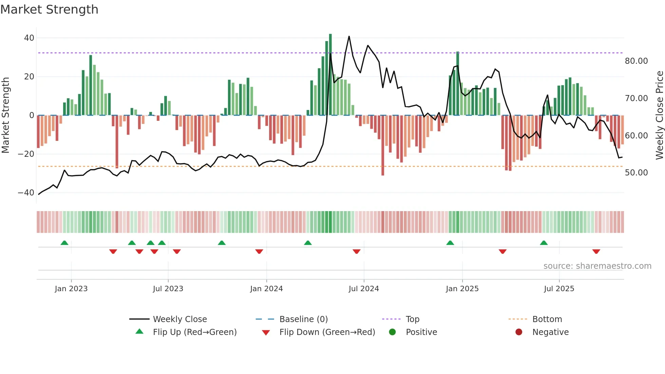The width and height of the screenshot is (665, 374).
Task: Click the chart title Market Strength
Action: coord(49,10)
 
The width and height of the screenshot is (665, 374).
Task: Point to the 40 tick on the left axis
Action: coord(29,38)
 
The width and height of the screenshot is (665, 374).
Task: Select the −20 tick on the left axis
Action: coord(26,154)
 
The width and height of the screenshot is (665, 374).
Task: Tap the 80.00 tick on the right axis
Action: coord(636,61)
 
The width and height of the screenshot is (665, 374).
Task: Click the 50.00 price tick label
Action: coord(636,173)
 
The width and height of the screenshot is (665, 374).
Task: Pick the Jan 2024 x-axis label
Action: coord(266,289)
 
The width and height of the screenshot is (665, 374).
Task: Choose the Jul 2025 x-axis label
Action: coord(559,289)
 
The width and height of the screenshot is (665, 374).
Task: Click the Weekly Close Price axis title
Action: coord(659,115)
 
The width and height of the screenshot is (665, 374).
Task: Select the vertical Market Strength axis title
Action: coord(5,115)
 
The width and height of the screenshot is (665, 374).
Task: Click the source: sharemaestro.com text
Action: coord(597,266)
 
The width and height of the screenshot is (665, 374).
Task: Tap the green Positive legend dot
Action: coord(392,332)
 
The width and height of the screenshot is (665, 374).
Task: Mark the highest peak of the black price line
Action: coord(349,36)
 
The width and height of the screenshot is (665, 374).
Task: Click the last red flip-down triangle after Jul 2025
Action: coord(596,251)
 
